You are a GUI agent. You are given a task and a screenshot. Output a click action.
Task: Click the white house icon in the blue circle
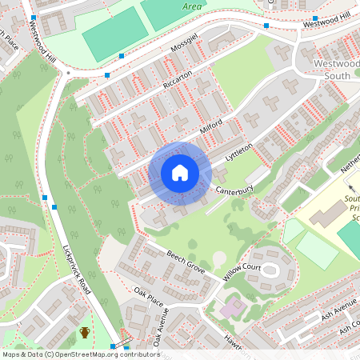[180, 172]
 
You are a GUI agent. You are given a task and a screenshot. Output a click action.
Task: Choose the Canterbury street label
[234, 189]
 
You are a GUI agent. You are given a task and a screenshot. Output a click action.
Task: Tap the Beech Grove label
[186, 264]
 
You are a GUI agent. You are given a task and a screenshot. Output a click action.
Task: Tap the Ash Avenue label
[339, 308]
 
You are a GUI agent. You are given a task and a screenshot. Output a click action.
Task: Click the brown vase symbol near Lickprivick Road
[85, 332]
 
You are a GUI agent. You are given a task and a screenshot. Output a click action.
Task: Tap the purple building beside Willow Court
[233, 306]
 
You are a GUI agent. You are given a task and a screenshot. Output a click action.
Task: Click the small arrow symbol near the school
[350, 187]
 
